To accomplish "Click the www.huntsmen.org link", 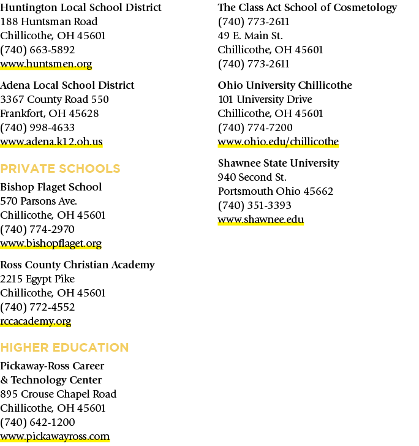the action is [46, 64].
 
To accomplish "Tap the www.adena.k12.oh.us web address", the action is [51, 142].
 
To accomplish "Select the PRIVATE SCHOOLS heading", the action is [60, 168].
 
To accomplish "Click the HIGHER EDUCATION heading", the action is [64, 347].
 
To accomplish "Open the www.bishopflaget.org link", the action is [51, 243].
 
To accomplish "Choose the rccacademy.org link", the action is [36, 321].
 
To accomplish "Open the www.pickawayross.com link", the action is [55, 436].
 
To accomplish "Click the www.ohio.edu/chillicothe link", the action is [278, 142].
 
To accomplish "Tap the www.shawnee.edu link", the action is [261, 219].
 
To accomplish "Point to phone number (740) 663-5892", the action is [37, 50].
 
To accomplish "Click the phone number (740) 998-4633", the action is [37, 127].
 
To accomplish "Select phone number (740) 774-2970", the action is [37, 229].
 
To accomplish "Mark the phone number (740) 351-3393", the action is [255, 205].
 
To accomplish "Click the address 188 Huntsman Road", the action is [49, 21].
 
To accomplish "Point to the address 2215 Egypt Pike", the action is [37, 279].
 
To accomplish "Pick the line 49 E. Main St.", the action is [251, 36].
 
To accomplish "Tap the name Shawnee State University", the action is [279, 163].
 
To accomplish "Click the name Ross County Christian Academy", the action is [77, 265].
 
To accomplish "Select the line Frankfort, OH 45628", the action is [50, 113].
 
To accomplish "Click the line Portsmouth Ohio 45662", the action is [275, 191].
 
